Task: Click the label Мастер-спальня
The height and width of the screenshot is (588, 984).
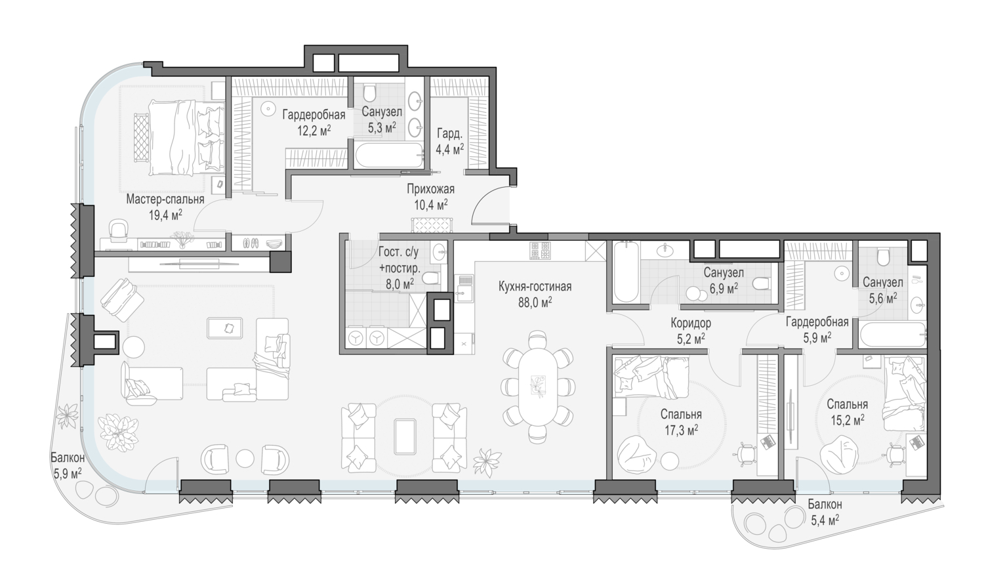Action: [165, 199]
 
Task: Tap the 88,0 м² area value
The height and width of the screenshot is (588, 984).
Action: [535, 303]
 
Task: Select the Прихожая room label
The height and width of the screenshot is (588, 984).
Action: [430, 189]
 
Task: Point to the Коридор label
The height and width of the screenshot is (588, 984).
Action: [691, 324]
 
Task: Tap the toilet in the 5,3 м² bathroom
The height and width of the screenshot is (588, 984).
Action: [369, 93]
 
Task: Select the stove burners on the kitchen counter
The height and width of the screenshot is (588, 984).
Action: [539, 251]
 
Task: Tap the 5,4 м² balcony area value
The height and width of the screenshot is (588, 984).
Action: [825, 521]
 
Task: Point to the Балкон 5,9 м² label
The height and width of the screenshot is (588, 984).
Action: [68, 465]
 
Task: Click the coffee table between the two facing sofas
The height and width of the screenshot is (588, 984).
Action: [405, 436]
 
